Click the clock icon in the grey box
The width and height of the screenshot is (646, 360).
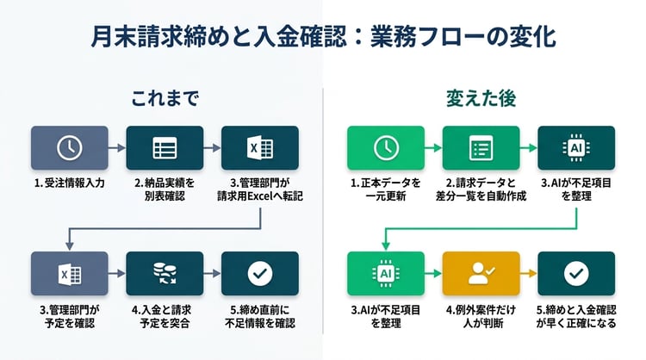[70, 147]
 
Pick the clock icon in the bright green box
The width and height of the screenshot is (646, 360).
[386, 147]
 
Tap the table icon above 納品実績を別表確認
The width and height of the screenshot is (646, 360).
[165, 147]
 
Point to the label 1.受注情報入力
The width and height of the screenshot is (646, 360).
[70, 183]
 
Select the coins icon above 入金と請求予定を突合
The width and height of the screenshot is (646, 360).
[165, 273]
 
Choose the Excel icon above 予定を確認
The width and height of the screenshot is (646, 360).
[70, 273]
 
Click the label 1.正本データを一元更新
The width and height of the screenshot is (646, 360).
[386, 189]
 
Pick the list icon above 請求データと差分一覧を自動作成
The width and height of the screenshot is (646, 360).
[481, 147]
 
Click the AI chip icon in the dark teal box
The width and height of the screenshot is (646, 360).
[576, 147]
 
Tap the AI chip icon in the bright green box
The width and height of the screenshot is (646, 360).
[386, 273]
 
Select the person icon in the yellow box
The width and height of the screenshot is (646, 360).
[481, 273]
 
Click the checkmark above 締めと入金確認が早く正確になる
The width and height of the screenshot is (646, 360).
[576, 273]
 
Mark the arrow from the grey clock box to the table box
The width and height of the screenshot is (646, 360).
[117, 147]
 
